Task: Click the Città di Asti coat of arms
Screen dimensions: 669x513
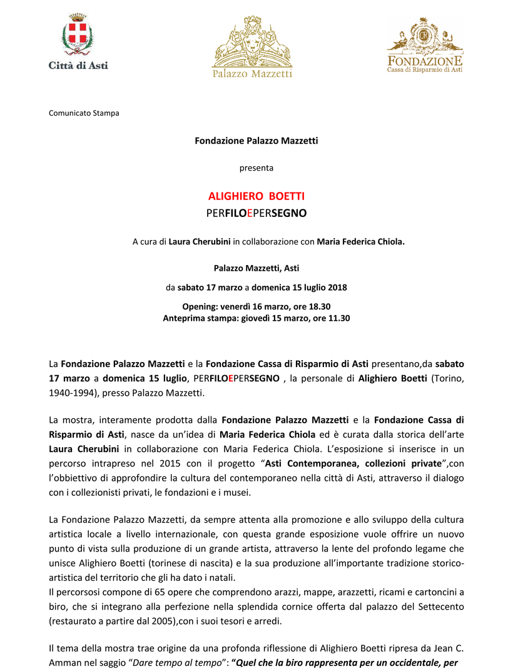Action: coord(78,36)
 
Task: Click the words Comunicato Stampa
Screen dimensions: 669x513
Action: coord(84,113)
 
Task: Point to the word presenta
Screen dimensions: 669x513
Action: coord(256,168)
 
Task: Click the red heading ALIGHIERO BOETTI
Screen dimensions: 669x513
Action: coord(256,196)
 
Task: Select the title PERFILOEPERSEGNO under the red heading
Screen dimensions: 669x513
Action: coord(256,213)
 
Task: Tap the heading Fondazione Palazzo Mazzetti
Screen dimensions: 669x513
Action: coord(256,141)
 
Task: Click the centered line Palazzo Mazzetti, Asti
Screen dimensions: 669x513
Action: coord(256,268)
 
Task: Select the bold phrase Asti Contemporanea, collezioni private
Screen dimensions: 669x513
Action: coord(351,463)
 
